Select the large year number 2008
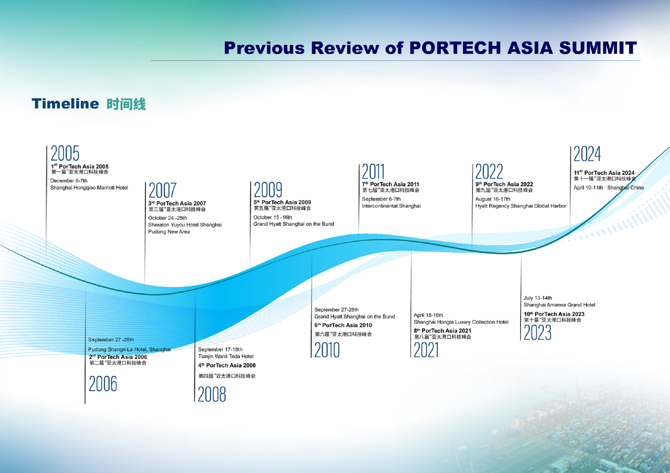coord(212,394)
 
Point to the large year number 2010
coord(327,350)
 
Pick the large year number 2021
coord(426,350)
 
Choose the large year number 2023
coord(538,332)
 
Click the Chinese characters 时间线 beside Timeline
coord(126,104)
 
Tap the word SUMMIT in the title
coord(598,48)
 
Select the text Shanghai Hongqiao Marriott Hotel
coord(89,188)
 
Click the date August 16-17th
coord(493,199)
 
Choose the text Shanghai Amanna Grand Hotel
coord(559,305)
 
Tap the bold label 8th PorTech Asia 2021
coord(442,331)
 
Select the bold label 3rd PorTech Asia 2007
coord(177,203)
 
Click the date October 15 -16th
coord(273,217)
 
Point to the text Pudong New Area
coord(169,232)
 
